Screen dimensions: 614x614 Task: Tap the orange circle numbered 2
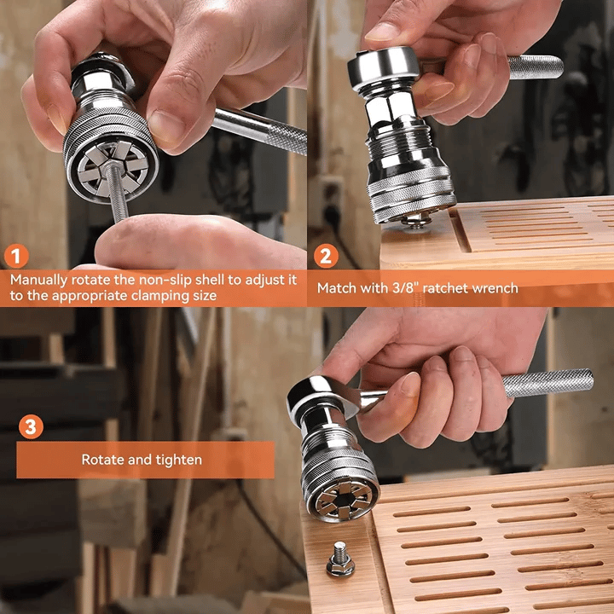[x=326, y=257]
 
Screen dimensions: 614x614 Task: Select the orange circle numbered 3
[x=32, y=426]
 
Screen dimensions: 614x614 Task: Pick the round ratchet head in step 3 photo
[x=321, y=398]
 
